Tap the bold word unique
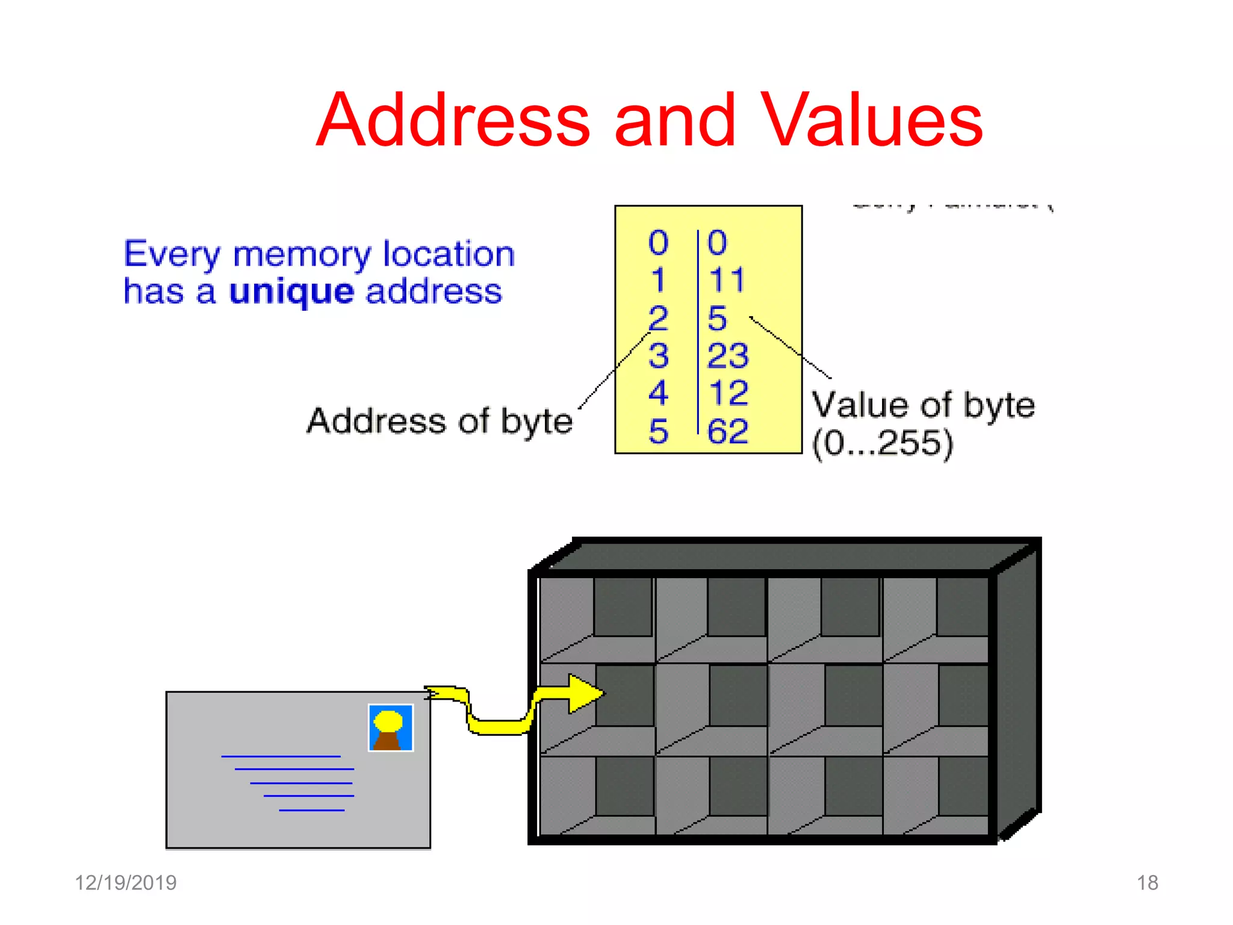coord(291,293)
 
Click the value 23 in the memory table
coord(728,355)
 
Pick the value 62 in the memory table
coord(728,431)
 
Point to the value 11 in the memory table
coord(727,280)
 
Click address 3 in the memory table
coord(658,355)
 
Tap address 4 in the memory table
coord(658,393)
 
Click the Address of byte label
coord(439,421)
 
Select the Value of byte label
coord(923,405)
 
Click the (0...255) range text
coord(882,443)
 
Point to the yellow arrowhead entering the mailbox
coord(584,693)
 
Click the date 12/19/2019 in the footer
coord(125,883)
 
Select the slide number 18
coord(1147,883)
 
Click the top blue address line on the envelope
coord(281,756)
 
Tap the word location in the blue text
coord(449,254)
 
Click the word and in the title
coord(675,120)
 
